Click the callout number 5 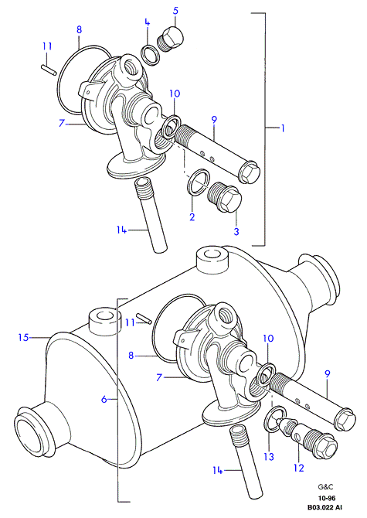(x=175, y=11)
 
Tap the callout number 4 (x=148, y=22)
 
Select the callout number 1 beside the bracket (x=282, y=128)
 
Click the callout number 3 (x=236, y=231)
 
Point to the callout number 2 (x=192, y=216)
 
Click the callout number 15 (x=23, y=338)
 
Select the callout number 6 (x=104, y=400)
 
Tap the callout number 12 (x=299, y=468)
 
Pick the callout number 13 (x=269, y=457)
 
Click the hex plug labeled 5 (x=170, y=39)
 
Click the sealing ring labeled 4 (x=151, y=55)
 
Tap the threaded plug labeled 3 (x=225, y=196)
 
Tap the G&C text (x=326, y=486)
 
